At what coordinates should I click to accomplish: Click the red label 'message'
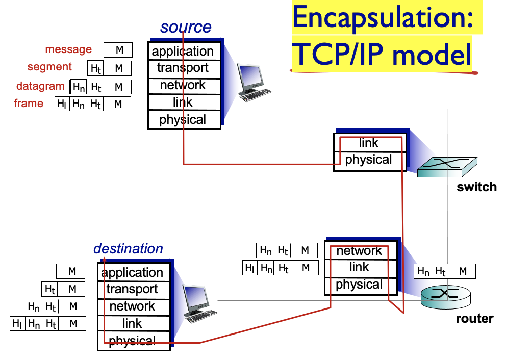(x=68, y=49)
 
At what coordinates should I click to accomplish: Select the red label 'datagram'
(x=40, y=86)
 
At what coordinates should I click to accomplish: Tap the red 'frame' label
(x=29, y=104)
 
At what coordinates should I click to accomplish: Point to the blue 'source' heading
(x=186, y=27)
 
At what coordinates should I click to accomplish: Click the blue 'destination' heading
(x=128, y=249)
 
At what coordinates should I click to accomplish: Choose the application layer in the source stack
(x=183, y=52)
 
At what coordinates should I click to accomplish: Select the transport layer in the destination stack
(x=132, y=289)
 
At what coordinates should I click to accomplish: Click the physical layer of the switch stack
(x=368, y=160)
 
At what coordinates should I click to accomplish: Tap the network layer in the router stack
(x=359, y=251)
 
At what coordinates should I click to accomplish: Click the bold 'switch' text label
(x=476, y=187)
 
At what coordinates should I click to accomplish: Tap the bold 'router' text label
(x=474, y=319)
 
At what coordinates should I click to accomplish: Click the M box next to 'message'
(x=118, y=50)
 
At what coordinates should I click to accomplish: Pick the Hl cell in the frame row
(x=62, y=104)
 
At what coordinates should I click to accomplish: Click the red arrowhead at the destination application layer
(x=104, y=261)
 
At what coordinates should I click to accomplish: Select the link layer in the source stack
(x=183, y=102)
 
